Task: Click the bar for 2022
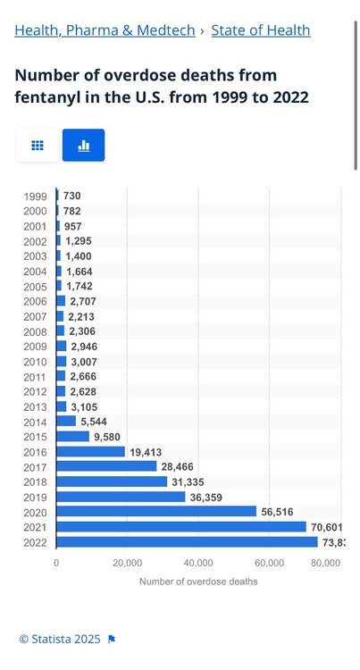tap(187, 542)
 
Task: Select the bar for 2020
tap(156, 512)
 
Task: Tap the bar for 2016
tap(90, 452)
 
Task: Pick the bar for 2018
tap(112, 482)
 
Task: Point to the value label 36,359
tap(205, 497)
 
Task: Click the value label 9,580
tap(107, 437)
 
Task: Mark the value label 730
tap(71, 197)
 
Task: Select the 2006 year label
tap(35, 302)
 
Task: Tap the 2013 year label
tap(35, 407)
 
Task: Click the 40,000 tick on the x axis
tap(198, 563)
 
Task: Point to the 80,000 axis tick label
tap(326, 563)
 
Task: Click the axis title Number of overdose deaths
tap(198, 582)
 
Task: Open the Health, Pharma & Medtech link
tap(105, 30)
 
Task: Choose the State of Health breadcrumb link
tap(261, 30)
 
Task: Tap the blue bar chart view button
tap(83, 146)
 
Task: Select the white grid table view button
tap(38, 146)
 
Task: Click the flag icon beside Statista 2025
tap(112, 640)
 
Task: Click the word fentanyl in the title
tap(43, 97)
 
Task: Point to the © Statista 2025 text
tap(60, 640)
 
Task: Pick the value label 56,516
tap(277, 512)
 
